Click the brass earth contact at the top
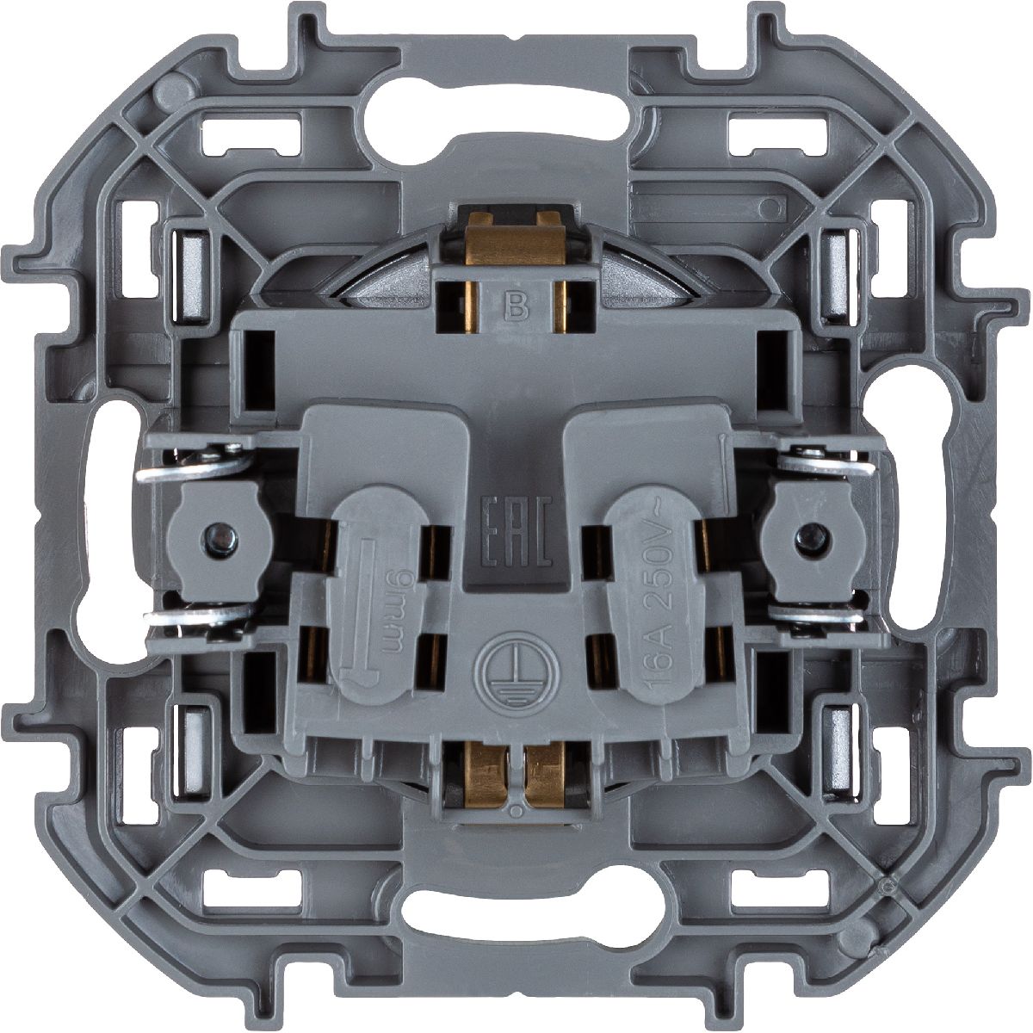tap(515, 245)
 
